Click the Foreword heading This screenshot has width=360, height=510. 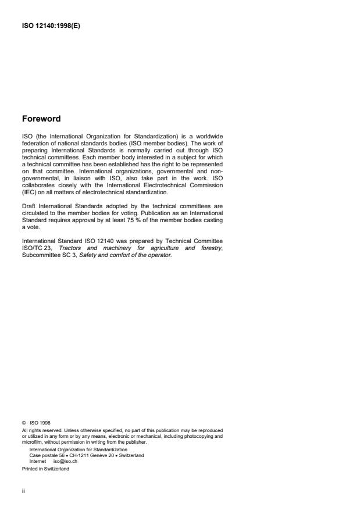tap(41, 119)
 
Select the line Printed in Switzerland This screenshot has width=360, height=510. tap(45, 469)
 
